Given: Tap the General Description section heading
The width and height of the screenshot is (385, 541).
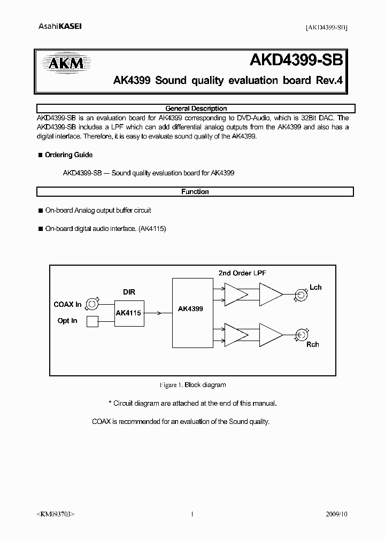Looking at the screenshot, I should (x=196, y=108).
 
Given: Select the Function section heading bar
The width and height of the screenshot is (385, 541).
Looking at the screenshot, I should (x=195, y=191).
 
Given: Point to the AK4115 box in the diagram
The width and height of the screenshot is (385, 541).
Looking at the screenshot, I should (x=128, y=313).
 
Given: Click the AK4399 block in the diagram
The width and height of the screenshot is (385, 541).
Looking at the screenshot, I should (x=190, y=309).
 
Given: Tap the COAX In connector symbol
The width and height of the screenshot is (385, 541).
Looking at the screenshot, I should (x=92, y=304).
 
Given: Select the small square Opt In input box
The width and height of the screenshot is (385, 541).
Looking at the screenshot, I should (x=92, y=321).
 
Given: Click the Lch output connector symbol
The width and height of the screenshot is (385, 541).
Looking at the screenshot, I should (x=298, y=293).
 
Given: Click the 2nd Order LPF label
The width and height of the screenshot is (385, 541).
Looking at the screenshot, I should (x=242, y=273).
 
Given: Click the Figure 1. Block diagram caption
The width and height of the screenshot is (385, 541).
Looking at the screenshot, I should (x=192, y=385).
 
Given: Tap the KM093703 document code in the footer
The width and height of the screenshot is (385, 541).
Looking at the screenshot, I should (x=56, y=514).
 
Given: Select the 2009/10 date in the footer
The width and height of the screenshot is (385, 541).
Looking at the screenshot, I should (x=336, y=514).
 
